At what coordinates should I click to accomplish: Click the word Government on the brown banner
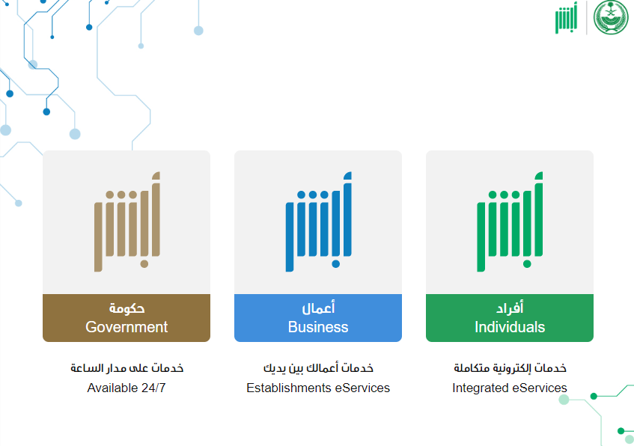pos(127,327)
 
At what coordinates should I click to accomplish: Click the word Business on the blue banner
pos(318,327)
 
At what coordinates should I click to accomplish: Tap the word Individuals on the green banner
pos(510,327)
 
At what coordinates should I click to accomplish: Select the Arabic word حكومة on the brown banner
pos(127,308)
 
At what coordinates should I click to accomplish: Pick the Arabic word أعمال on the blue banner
pos(318,308)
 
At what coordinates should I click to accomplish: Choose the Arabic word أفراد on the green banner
pos(510,308)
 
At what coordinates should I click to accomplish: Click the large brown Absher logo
pos(127,222)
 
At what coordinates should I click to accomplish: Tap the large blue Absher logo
pos(319,222)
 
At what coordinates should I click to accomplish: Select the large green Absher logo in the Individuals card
pos(510,222)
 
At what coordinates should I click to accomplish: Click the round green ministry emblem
pos(611,17)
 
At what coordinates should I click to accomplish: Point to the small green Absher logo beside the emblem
pos(566,18)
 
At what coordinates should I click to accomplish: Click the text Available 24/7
pos(127,388)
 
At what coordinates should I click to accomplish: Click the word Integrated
pos(480,388)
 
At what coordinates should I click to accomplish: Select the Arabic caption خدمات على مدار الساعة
pos(127,368)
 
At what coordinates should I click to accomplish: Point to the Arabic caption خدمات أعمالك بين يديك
pos(318,368)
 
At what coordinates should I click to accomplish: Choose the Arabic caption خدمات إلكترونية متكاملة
pos(510,368)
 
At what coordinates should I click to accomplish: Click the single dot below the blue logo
pos(335,264)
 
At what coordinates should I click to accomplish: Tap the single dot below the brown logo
pos(144,264)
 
